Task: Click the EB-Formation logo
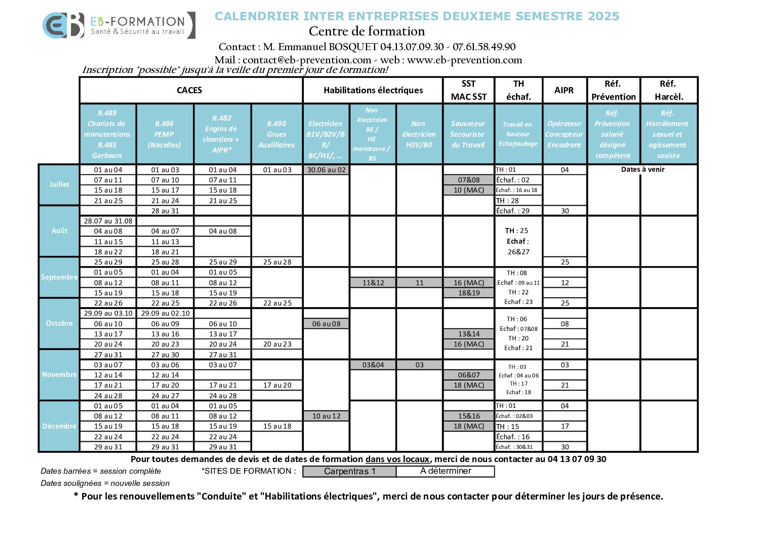tap(118, 25)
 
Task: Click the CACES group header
tap(189, 90)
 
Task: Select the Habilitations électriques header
tap(373, 90)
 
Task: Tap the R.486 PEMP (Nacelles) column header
tap(165, 134)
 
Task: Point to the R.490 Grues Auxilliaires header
tap(276, 134)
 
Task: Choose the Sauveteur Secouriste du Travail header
tap(467, 134)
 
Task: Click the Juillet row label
tap(59, 184)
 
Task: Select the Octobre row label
tap(59, 323)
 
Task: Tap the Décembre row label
tap(59, 426)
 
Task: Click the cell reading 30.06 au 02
tap(327, 170)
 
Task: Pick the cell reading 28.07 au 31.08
tap(108, 221)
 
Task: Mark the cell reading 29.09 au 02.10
tap(165, 313)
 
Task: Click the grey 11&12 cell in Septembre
tap(373, 283)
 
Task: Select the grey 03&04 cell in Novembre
tap(373, 365)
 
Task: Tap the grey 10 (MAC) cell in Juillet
tap(469, 190)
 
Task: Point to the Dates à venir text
tap(643, 170)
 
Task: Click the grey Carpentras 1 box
tap(349, 471)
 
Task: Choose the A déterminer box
tap(446, 471)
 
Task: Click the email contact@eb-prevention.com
tap(307, 60)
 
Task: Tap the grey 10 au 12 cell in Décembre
tap(327, 416)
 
